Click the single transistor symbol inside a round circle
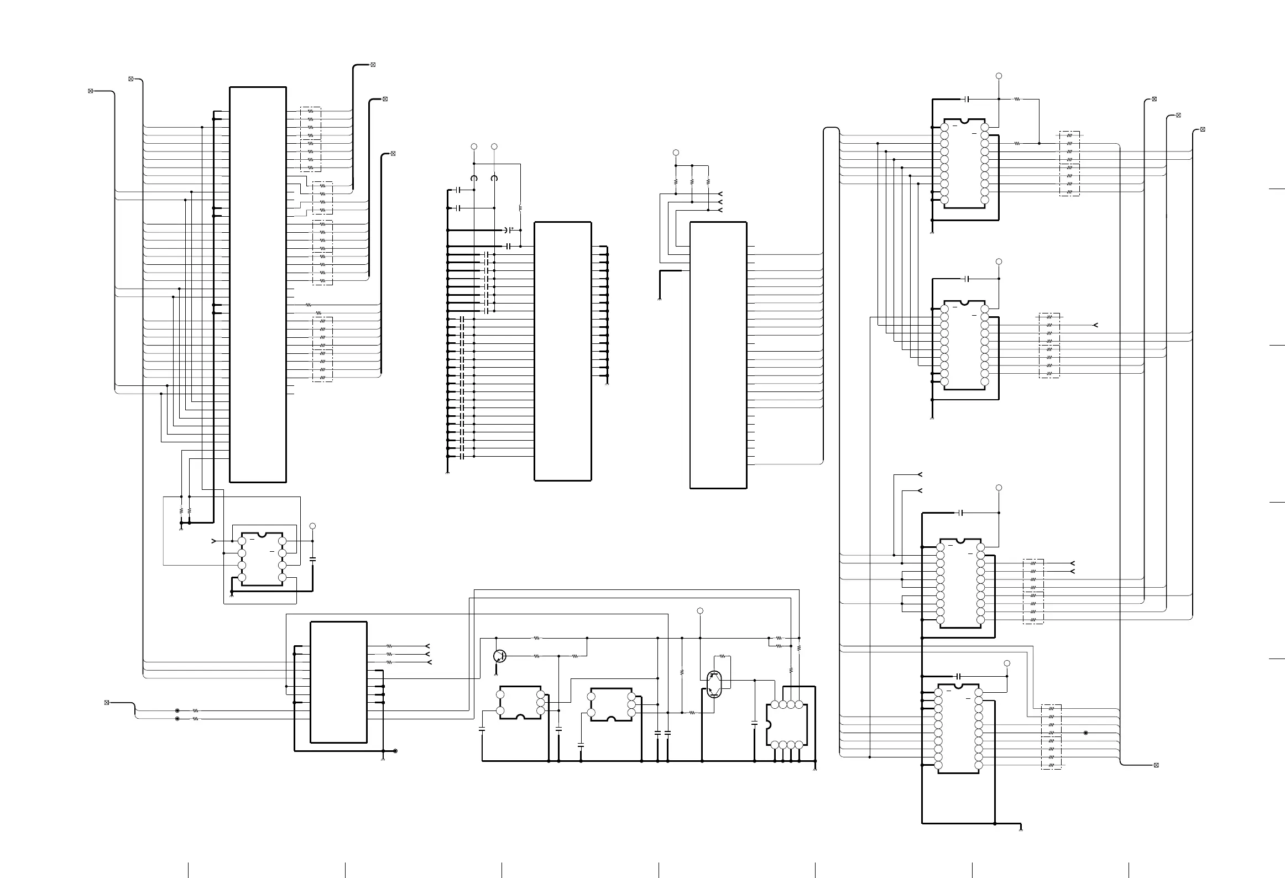(499, 656)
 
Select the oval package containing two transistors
(714, 684)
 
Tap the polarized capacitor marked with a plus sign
(507, 229)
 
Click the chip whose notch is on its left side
(787, 725)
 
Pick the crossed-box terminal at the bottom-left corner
(107, 702)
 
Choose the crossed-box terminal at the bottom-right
(1156, 765)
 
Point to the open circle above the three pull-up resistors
(675, 153)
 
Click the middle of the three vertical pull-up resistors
(692, 181)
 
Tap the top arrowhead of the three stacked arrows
(719, 194)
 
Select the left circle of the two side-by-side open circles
(474, 147)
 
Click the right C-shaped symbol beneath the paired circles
(494, 178)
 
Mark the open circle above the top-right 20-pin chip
(999, 76)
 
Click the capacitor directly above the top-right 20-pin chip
(967, 99)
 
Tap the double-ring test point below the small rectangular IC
(395, 751)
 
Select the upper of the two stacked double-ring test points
(177, 710)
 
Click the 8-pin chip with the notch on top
(262, 559)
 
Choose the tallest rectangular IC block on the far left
(258, 284)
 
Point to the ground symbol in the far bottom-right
(1020, 844)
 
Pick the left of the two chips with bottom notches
(520, 703)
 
